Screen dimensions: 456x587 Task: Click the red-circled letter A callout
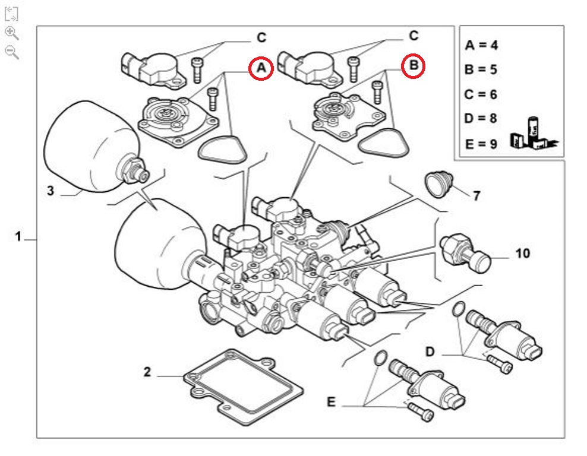point(261,69)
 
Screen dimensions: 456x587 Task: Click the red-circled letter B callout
point(414,65)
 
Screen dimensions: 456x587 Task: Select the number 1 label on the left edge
point(18,237)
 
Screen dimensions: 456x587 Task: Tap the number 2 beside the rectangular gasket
point(147,373)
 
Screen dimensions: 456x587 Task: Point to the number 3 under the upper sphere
point(51,191)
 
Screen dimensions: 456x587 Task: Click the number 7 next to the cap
point(476,195)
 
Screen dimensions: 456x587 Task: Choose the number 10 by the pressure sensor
point(522,254)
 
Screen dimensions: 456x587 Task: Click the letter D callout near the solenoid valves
point(430,351)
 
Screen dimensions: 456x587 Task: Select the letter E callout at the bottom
point(331,403)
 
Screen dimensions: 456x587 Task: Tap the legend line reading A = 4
point(481,45)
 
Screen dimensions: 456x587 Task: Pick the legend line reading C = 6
point(481,94)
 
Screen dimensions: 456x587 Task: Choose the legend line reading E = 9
point(481,144)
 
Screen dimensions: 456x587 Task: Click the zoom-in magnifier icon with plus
point(11,33)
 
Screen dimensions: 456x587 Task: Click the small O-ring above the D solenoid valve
point(459,309)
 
